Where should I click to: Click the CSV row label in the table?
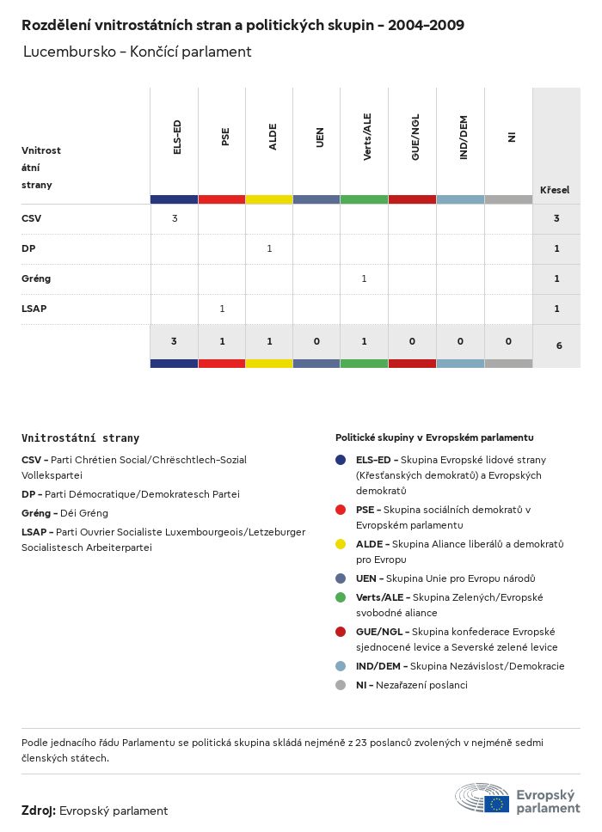coord(31,218)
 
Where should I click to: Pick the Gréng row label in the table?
coord(36,278)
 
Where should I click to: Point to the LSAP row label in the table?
coord(34,309)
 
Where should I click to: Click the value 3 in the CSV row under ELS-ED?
coord(174,218)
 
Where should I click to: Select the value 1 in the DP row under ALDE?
coord(269,248)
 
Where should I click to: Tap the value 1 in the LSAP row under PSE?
coord(222,309)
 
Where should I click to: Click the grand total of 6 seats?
coord(556,346)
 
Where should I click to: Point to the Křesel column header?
coord(554,190)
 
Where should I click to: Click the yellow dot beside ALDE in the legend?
coord(341,544)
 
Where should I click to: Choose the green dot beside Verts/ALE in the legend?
coord(341,597)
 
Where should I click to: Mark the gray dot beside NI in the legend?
coord(341,685)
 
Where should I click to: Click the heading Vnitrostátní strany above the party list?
coord(80,438)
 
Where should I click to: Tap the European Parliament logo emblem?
coord(482,798)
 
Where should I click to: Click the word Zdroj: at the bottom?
coord(39,811)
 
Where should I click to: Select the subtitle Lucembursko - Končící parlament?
coord(137,52)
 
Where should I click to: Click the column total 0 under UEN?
coord(316,341)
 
